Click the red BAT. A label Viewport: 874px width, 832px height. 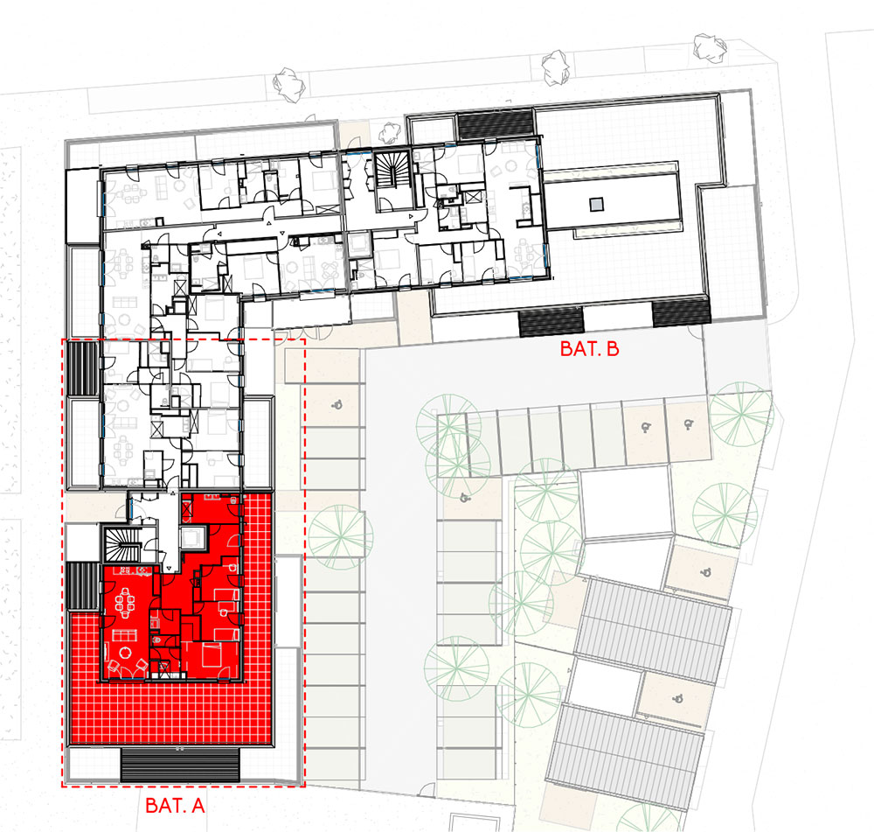tap(175, 805)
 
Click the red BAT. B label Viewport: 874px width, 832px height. tap(589, 349)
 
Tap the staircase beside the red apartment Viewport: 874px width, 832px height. tap(121, 544)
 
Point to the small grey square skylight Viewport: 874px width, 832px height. tap(597, 205)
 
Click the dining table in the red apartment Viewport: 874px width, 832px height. tap(125, 603)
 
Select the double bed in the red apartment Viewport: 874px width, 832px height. tap(212, 655)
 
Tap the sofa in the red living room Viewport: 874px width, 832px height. tap(125, 635)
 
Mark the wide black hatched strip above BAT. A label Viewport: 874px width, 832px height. tap(180, 765)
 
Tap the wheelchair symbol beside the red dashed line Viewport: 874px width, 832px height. tap(336, 404)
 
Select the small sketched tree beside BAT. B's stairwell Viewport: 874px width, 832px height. tap(389, 133)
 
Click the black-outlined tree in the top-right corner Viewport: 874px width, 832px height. tap(710, 45)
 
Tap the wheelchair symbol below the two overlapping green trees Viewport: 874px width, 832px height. tap(464, 497)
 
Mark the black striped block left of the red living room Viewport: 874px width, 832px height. tap(81, 586)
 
